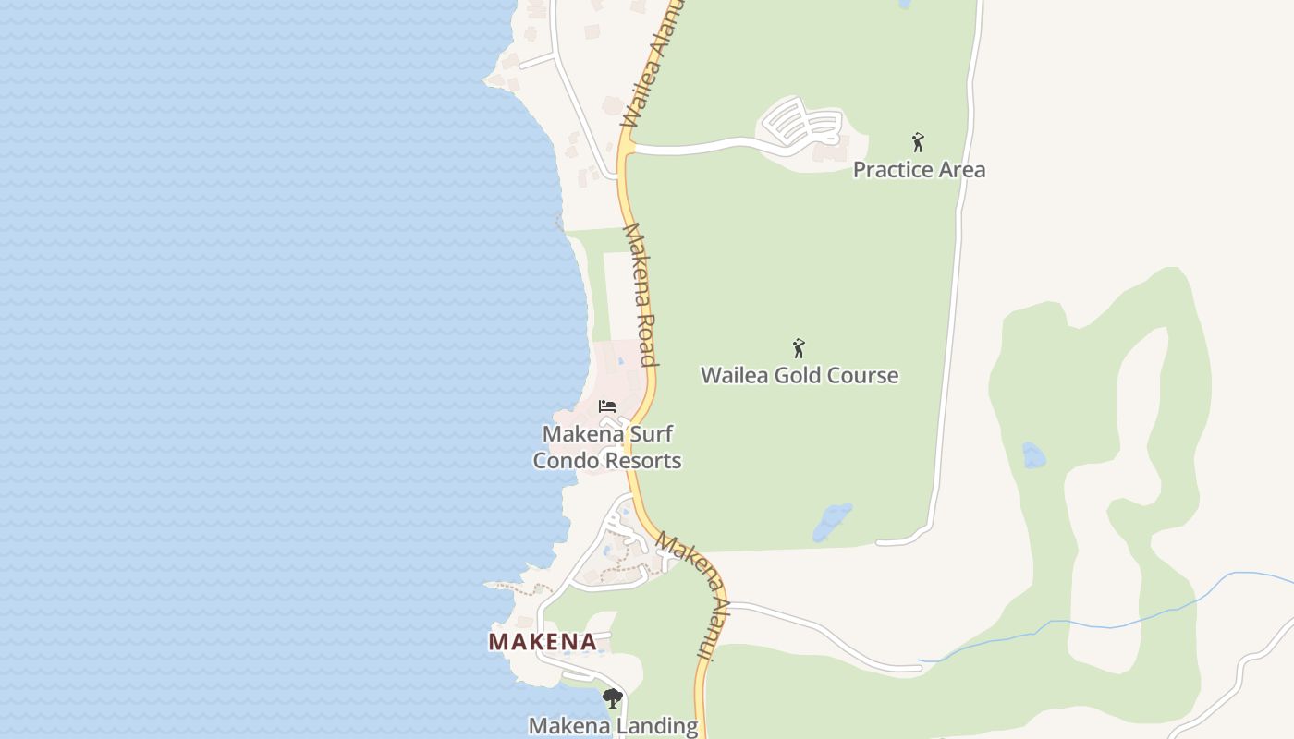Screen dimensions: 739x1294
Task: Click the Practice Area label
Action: (919, 170)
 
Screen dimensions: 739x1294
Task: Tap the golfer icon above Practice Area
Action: (918, 142)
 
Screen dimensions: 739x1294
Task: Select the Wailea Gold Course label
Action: (800, 376)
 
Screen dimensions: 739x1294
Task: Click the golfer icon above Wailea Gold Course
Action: (800, 348)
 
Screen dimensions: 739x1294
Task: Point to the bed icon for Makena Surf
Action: (607, 406)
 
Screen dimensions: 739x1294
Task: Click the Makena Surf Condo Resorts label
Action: (607, 447)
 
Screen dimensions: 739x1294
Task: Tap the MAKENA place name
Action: (543, 641)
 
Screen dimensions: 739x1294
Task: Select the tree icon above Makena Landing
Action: (612, 698)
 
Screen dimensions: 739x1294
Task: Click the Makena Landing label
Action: (613, 726)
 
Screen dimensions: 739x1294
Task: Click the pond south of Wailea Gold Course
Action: (832, 522)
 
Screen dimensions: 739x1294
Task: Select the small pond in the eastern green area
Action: (1033, 455)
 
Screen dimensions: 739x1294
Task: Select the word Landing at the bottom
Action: (657, 726)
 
